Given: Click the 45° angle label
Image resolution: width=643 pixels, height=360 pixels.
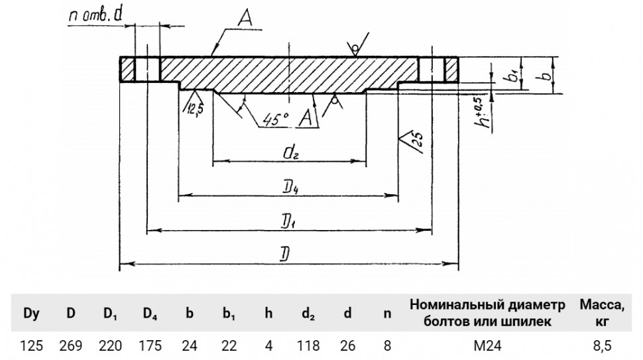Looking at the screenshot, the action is click(276, 119).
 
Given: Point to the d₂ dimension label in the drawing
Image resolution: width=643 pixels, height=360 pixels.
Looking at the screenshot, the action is click(290, 152).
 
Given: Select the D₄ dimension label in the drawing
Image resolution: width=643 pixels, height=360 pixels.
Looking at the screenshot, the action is click(290, 188).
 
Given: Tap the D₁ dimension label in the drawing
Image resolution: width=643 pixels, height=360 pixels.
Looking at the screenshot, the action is click(289, 223).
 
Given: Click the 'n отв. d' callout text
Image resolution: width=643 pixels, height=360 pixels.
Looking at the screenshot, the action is click(96, 15).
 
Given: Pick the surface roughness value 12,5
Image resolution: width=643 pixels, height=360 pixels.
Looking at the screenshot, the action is click(195, 109).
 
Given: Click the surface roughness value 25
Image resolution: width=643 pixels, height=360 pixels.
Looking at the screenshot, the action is click(417, 141).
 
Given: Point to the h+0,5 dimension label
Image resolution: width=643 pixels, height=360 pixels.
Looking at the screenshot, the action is click(487, 112).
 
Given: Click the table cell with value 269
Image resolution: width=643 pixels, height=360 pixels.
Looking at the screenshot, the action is click(71, 345).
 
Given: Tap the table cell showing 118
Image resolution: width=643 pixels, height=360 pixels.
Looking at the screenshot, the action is click(308, 345).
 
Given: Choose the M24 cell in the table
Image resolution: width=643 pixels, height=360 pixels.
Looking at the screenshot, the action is click(488, 345).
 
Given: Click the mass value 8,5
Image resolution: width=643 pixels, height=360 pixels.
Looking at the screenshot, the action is click(602, 345).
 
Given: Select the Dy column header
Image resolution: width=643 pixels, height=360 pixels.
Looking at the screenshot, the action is click(32, 313).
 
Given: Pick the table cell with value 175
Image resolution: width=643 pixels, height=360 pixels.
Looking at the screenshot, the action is click(150, 345).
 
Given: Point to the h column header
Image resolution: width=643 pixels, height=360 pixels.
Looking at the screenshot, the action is click(268, 313).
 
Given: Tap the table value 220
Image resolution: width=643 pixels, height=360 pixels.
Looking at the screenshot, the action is click(110, 345).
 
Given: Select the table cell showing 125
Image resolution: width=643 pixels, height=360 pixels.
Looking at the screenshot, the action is click(32, 345).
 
